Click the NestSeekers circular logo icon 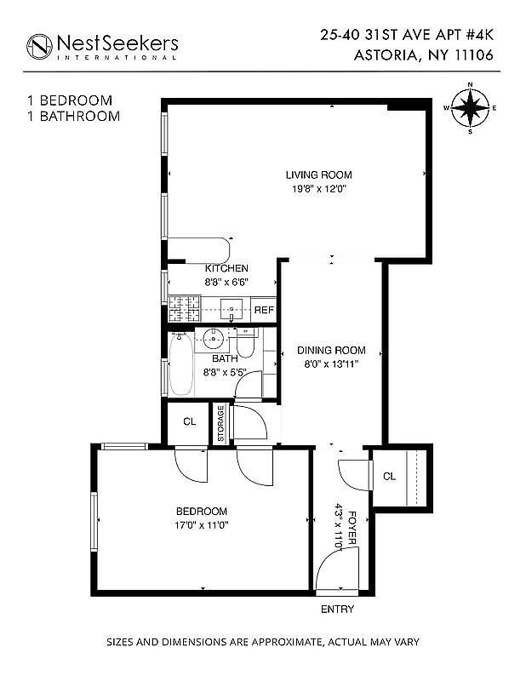39,46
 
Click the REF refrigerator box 264,310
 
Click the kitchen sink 232,307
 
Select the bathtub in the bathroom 180,364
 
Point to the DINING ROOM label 331,350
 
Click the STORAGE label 221,423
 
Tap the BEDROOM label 202,511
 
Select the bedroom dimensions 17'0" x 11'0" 202,525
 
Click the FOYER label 351,528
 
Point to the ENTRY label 336,609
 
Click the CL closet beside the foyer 390,477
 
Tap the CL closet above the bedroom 189,422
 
